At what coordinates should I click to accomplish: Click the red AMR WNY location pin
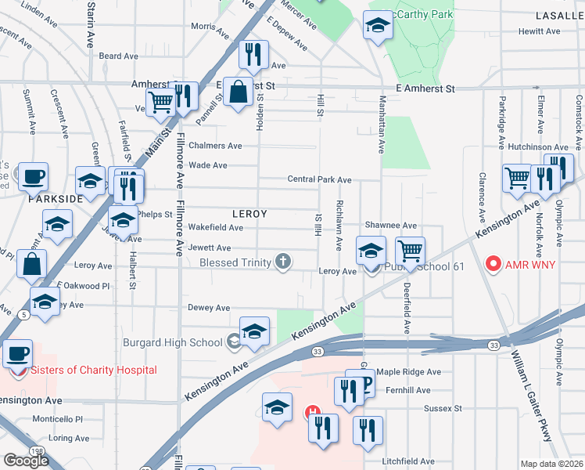[493, 264]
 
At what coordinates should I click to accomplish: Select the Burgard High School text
[173, 342]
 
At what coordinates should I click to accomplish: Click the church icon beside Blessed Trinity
[285, 262]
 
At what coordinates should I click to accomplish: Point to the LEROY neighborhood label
[249, 214]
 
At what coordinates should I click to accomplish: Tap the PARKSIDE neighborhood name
[56, 199]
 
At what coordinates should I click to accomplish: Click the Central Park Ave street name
[319, 179]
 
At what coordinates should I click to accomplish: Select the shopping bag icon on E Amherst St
[238, 92]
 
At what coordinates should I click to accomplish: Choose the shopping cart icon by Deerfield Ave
[409, 251]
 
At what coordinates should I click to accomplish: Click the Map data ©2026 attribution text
[552, 464]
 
